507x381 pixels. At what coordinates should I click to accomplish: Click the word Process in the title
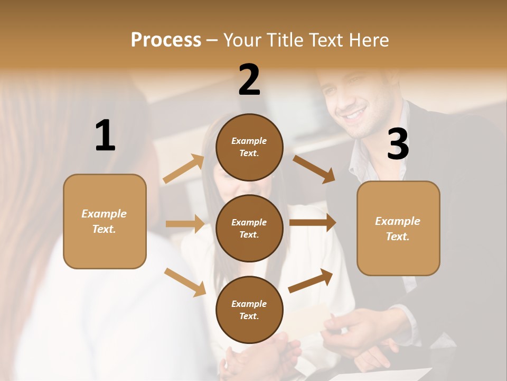click(x=166, y=40)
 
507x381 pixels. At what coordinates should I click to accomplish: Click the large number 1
click(x=105, y=136)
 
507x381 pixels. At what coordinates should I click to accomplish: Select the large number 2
click(x=249, y=80)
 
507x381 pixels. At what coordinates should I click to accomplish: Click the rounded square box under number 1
click(x=105, y=221)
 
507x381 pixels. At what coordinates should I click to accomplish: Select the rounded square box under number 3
click(x=398, y=229)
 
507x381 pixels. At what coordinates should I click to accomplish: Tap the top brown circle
click(x=249, y=147)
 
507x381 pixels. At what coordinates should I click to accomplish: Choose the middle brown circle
click(x=249, y=228)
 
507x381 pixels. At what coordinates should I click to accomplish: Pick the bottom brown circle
click(x=249, y=310)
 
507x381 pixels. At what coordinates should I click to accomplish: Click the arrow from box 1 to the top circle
click(x=183, y=169)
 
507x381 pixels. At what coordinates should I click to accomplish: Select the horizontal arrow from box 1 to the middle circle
click(x=185, y=224)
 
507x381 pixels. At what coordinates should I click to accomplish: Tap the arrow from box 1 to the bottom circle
click(x=185, y=282)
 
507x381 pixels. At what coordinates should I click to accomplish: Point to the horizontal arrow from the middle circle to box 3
click(x=313, y=223)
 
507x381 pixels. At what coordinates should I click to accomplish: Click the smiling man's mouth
click(x=355, y=113)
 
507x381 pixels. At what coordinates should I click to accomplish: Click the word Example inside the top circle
click(x=249, y=141)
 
